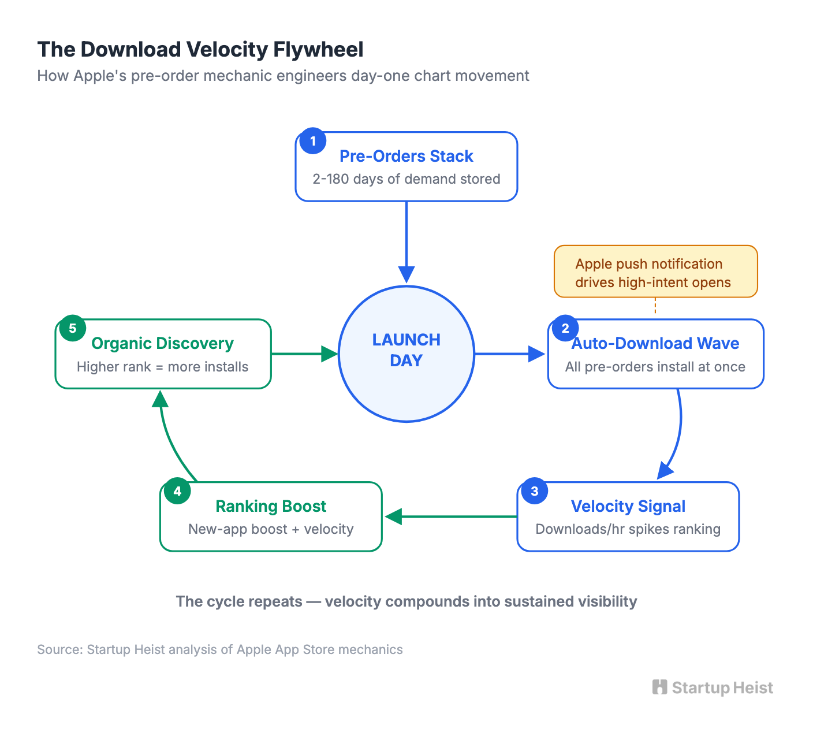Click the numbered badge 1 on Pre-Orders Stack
point(313,141)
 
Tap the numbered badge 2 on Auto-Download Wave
point(565,328)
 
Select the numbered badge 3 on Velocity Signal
point(534,491)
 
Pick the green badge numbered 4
point(177,491)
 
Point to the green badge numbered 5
point(72,328)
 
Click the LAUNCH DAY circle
point(406,354)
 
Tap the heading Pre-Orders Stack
point(406,156)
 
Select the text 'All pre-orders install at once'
point(655,367)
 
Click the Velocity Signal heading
point(628,506)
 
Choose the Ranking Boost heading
point(270,506)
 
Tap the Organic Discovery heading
point(162,343)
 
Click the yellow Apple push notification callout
point(655,272)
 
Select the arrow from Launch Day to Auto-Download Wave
point(508,354)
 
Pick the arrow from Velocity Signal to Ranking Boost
point(450,516)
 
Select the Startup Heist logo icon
point(659,687)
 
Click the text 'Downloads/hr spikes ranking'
point(628,529)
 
